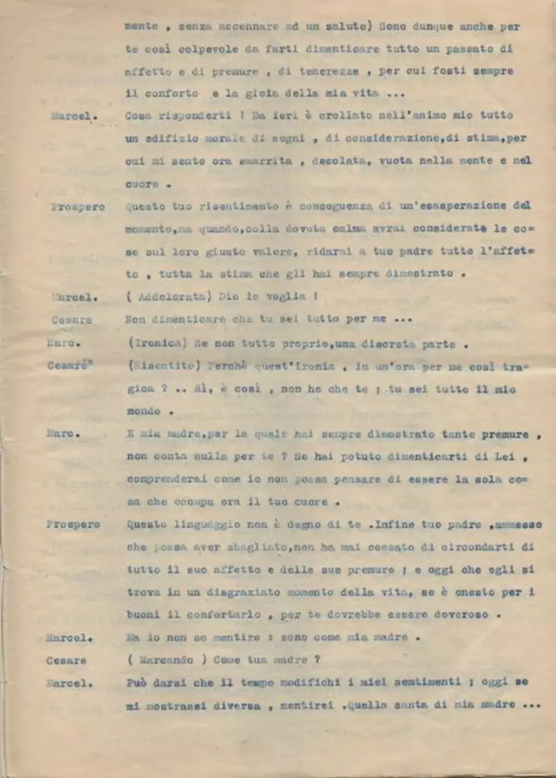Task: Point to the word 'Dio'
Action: (x=228, y=297)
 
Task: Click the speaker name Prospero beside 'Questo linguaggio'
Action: (x=74, y=524)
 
